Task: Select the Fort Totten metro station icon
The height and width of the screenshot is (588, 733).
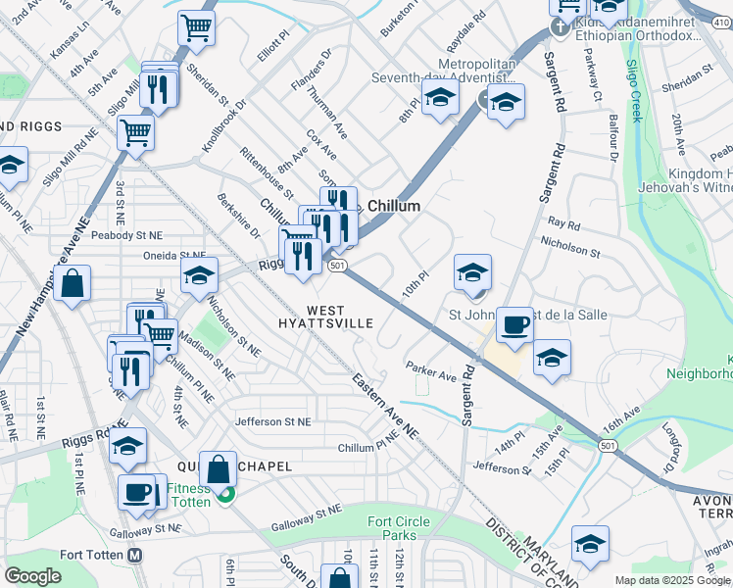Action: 136,555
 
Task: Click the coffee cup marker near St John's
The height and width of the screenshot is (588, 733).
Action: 513,325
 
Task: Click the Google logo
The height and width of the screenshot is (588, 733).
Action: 32,576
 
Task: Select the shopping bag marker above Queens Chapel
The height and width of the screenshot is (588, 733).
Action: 220,469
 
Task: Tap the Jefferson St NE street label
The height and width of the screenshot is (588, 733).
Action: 271,421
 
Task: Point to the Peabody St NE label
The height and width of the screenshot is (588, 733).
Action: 125,235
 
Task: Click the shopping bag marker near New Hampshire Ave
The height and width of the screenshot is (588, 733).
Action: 73,284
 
